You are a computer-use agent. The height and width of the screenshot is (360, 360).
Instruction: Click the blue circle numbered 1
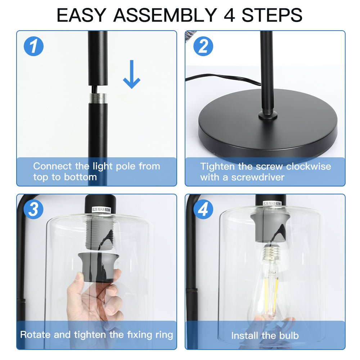click(34, 46)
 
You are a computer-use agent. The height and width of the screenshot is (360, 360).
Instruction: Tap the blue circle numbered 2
click(203, 46)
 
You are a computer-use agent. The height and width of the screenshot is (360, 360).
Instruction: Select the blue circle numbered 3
click(34, 210)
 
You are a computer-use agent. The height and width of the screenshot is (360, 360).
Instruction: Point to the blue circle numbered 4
click(203, 210)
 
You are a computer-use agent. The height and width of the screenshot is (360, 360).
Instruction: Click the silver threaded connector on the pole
click(98, 98)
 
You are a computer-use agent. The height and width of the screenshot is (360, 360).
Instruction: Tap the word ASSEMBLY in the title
click(165, 15)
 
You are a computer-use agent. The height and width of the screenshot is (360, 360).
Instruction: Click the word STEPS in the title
click(272, 15)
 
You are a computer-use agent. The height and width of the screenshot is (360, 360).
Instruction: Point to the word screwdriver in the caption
click(258, 177)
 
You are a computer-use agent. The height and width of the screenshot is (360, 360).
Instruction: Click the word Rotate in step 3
click(35, 334)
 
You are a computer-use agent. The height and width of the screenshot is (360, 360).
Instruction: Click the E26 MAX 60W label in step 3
click(101, 210)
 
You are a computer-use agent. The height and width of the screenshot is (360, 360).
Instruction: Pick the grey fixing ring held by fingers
click(99, 267)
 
